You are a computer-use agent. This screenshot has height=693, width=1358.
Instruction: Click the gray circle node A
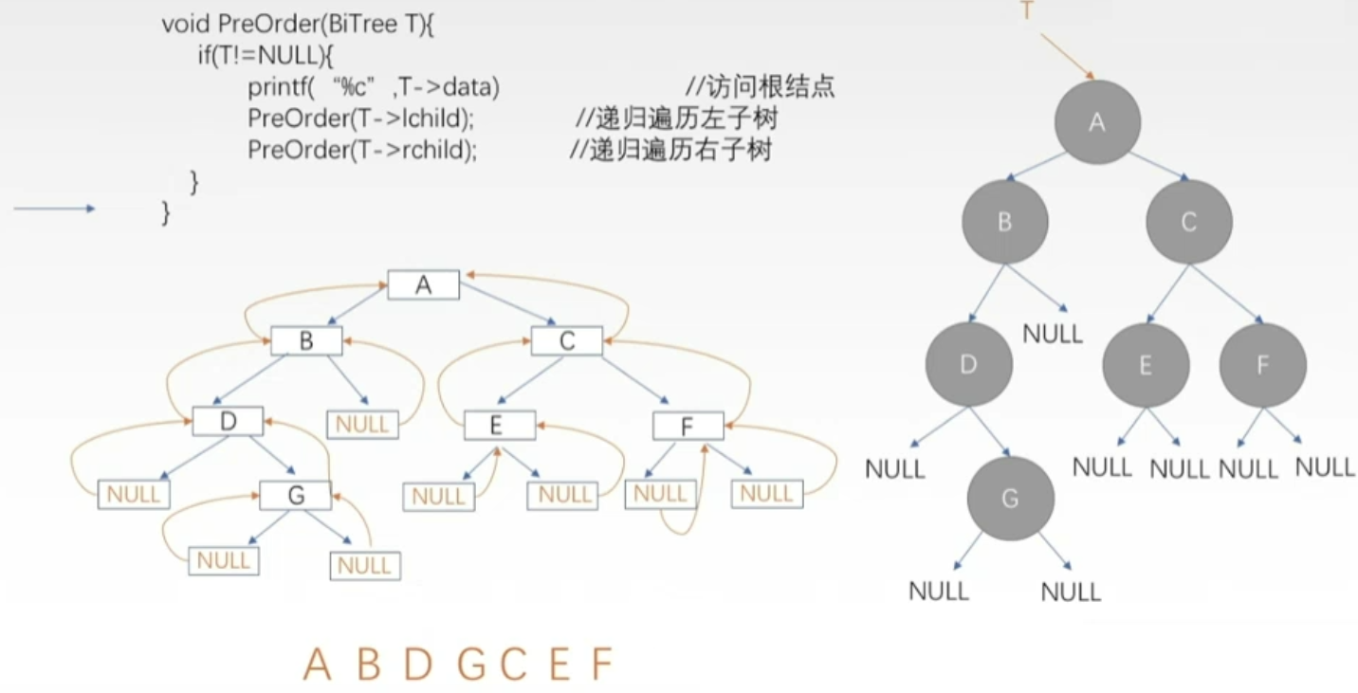click(x=1097, y=122)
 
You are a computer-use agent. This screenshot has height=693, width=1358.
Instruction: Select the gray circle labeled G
click(x=1010, y=499)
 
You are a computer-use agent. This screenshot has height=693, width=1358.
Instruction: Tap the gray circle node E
click(x=1145, y=366)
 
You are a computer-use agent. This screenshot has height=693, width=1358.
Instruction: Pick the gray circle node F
click(x=1262, y=366)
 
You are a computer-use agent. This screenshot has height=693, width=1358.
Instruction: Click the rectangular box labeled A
click(x=423, y=285)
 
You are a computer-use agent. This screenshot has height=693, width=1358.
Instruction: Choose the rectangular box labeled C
click(x=567, y=341)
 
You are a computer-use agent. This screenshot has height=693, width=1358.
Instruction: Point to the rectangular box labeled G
click(x=296, y=495)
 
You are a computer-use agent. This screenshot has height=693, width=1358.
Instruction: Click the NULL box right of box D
click(x=362, y=424)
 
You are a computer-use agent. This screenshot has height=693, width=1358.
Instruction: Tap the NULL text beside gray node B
click(x=1053, y=334)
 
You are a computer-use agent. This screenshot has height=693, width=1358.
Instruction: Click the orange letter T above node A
click(x=1026, y=11)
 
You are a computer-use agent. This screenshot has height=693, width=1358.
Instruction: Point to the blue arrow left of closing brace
click(x=54, y=209)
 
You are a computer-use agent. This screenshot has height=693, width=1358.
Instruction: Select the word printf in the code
click(x=275, y=88)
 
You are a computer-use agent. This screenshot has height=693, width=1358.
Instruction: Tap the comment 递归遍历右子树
click(x=670, y=150)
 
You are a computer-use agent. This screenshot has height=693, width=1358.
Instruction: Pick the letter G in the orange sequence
click(x=470, y=665)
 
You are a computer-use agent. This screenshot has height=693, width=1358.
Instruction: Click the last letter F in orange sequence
click(x=601, y=665)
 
